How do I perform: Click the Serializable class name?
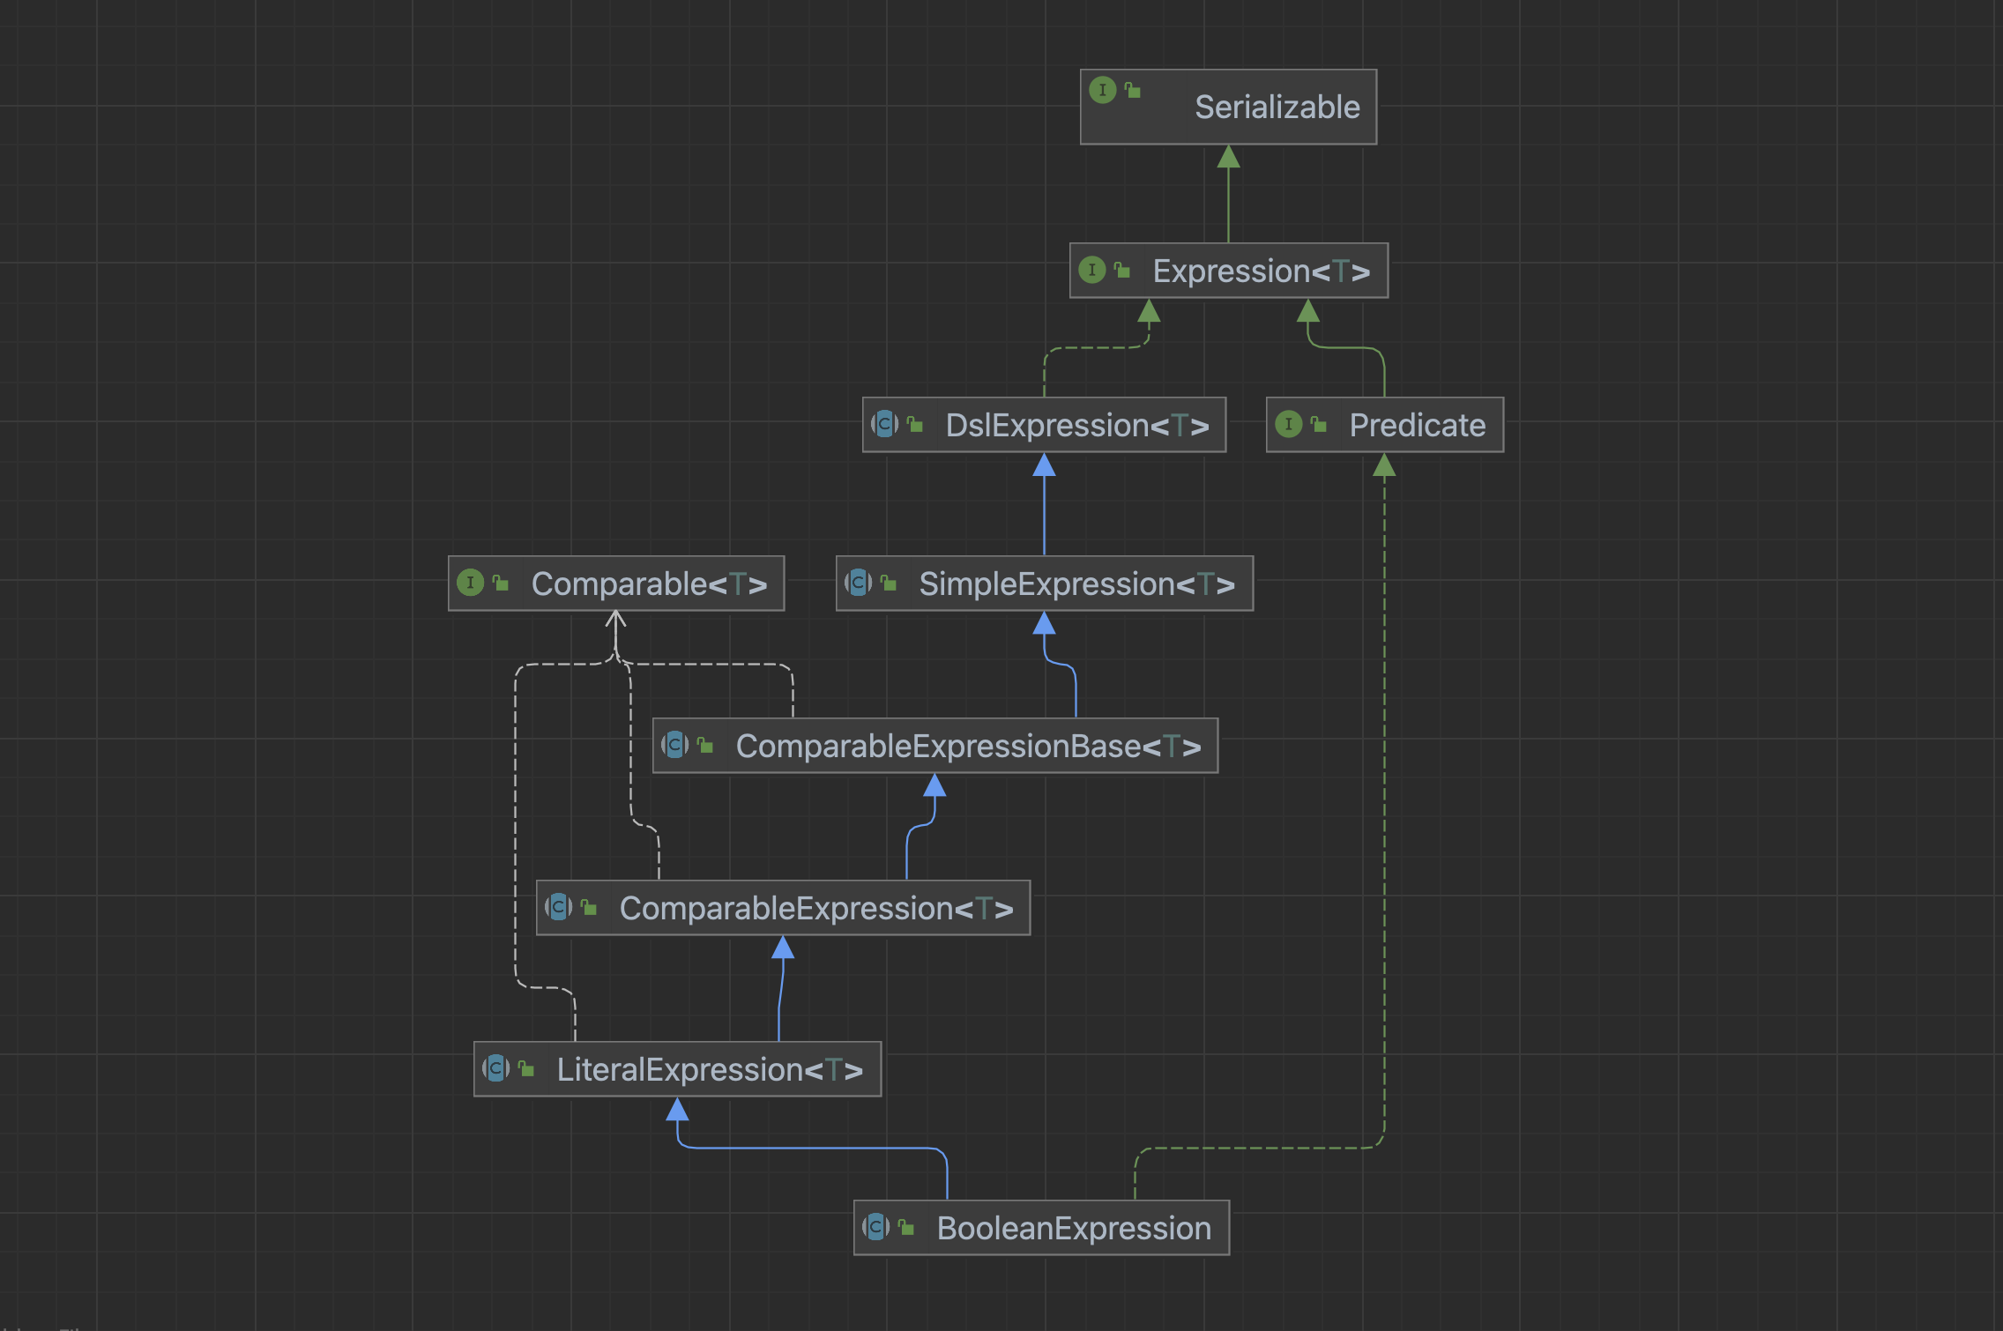tap(1277, 107)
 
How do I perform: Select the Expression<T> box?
tap(1229, 271)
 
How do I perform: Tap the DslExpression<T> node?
tap(1044, 425)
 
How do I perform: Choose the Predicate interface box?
tap(1385, 425)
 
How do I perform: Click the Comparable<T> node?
tap(616, 584)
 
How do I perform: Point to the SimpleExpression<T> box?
tap(1045, 584)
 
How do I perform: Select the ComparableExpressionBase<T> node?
tap(935, 746)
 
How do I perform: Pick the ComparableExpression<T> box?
tap(783, 908)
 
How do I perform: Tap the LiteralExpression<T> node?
tap(677, 1069)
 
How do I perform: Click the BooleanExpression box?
tap(1041, 1228)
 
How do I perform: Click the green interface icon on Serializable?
tap(1103, 90)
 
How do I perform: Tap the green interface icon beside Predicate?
tap(1289, 424)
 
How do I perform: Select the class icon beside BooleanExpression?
tap(876, 1227)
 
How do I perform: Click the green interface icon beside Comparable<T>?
tap(471, 583)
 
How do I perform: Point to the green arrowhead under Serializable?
tap(1229, 156)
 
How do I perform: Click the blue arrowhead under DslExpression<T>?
tap(1044, 465)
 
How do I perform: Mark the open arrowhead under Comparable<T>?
tap(616, 620)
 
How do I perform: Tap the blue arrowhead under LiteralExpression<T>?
tap(677, 1109)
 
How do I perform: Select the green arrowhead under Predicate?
tap(1385, 465)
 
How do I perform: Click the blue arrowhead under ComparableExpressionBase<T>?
tap(934, 784)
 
